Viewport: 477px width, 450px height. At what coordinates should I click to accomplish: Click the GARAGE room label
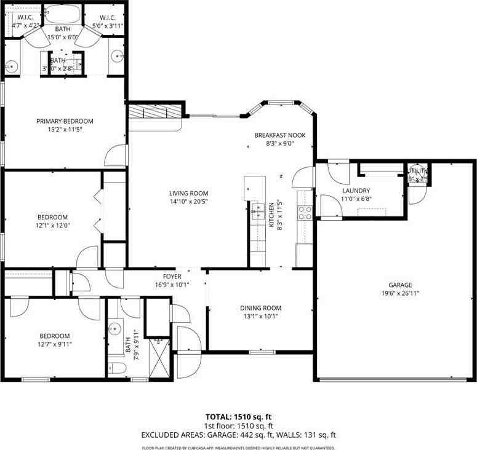pos(400,285)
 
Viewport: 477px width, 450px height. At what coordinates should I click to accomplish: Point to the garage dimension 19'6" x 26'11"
pos(400,293)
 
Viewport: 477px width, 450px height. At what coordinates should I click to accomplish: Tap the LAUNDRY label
pos(356,191)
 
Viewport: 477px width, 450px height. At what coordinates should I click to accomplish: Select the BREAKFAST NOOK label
pos(279,135)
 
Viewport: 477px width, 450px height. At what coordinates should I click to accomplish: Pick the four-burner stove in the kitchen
pos(304,213)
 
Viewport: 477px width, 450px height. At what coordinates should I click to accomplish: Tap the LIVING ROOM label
pos(189,193)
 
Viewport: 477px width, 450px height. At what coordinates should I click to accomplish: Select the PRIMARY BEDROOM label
pos(65,121)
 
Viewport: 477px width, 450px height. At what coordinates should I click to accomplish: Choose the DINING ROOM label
pos(260,308)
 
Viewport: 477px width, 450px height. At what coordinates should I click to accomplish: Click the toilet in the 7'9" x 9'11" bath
pos(118,369)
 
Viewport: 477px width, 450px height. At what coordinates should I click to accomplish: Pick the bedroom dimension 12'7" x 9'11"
pos(55,344)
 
